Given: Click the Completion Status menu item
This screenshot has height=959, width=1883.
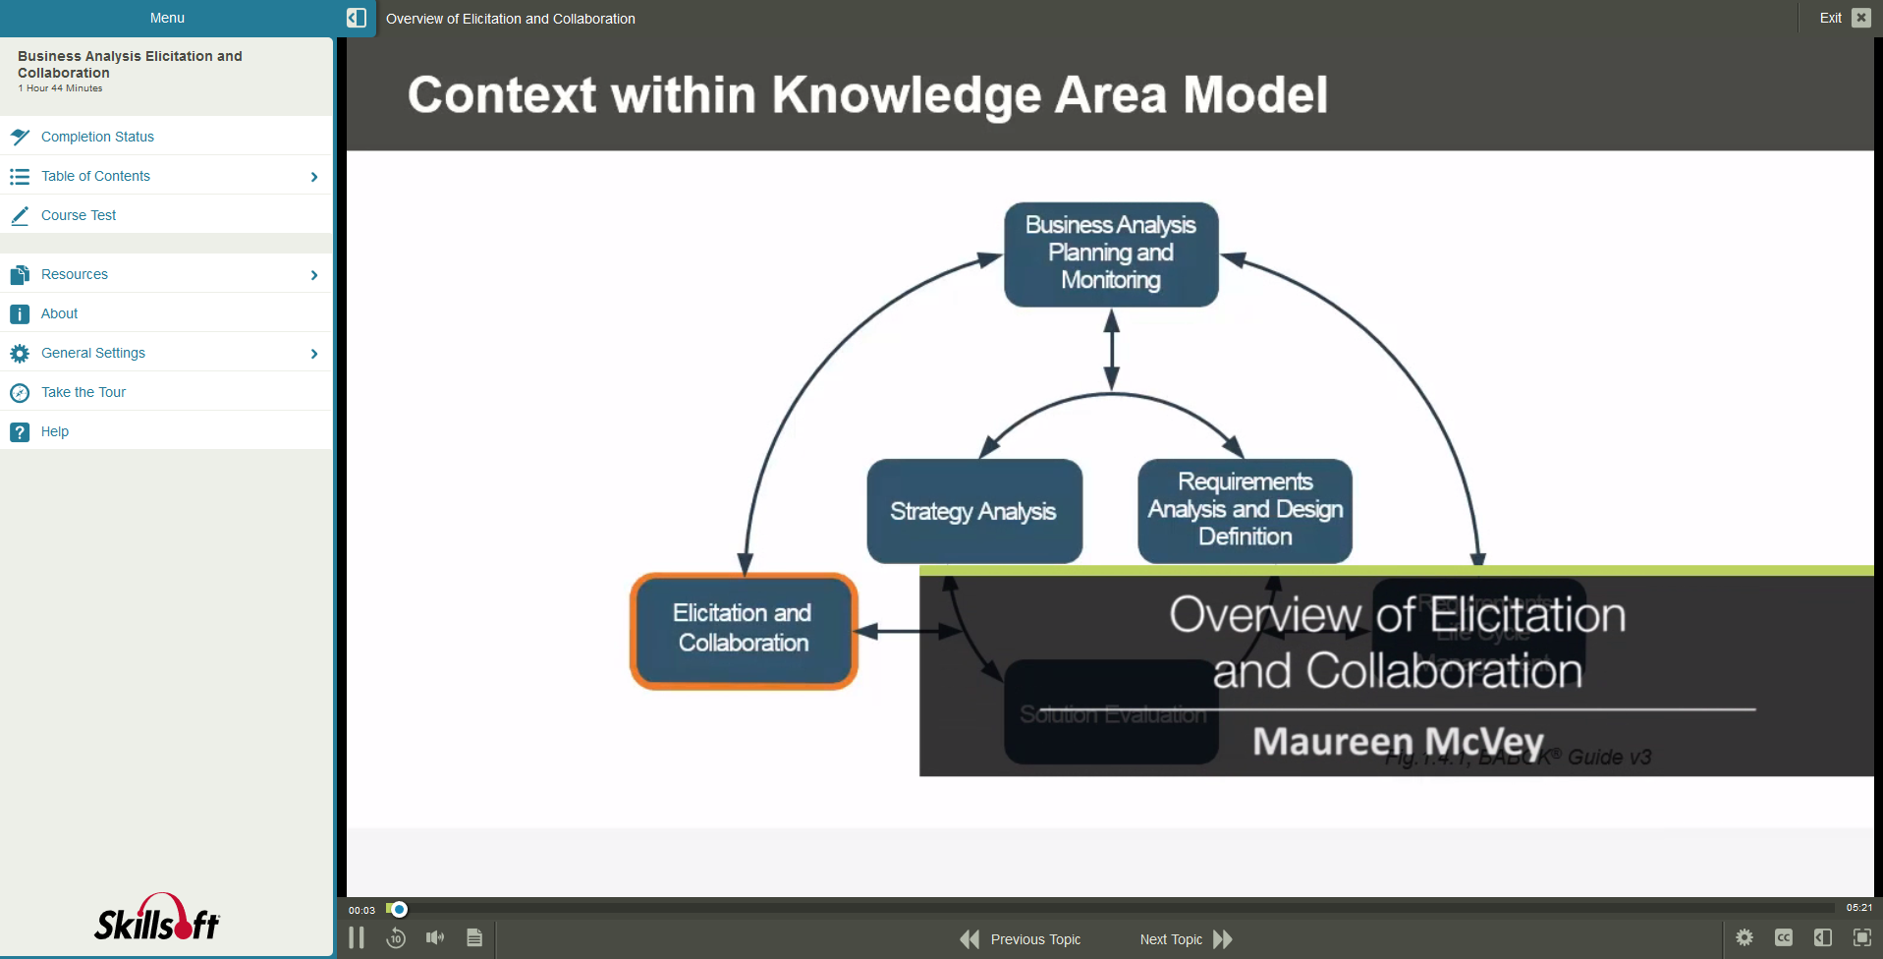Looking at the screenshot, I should [x=97, y=137].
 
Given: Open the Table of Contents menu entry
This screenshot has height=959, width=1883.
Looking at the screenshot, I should [x=95, y=176].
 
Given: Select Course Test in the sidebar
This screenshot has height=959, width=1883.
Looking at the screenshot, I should [x=79, y=215].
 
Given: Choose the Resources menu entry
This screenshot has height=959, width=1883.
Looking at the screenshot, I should [x=75, y=274].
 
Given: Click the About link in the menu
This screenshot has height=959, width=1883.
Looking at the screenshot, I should [x=59, y=313].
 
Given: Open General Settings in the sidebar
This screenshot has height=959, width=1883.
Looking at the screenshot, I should [x=93, y=353].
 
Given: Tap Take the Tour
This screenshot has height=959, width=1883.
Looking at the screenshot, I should [x=83, y=392].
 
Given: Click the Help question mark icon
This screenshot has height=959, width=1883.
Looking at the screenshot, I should [x=20, y=431].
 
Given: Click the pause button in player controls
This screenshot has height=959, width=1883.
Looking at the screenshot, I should [x=357, y=938].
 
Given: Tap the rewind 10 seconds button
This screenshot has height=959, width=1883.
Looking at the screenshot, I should [x=396, y=938].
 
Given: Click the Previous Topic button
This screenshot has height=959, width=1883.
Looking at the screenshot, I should [x=1021, y=939].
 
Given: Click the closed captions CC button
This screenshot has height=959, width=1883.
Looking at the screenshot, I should [x=1784, y=938].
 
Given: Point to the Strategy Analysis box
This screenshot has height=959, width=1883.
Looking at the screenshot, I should [x=973, y=511].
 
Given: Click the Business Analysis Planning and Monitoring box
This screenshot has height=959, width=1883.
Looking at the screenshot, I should [x=1111, y=254].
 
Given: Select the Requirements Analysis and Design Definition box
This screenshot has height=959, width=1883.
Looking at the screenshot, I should [x=1245, y=510].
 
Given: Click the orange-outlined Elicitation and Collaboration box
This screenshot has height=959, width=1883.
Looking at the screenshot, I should [x=744, y=630].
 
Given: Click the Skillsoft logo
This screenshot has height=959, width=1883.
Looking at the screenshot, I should [x=157, y=919].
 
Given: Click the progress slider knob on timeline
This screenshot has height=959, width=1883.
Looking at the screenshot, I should [x=399, y=909].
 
